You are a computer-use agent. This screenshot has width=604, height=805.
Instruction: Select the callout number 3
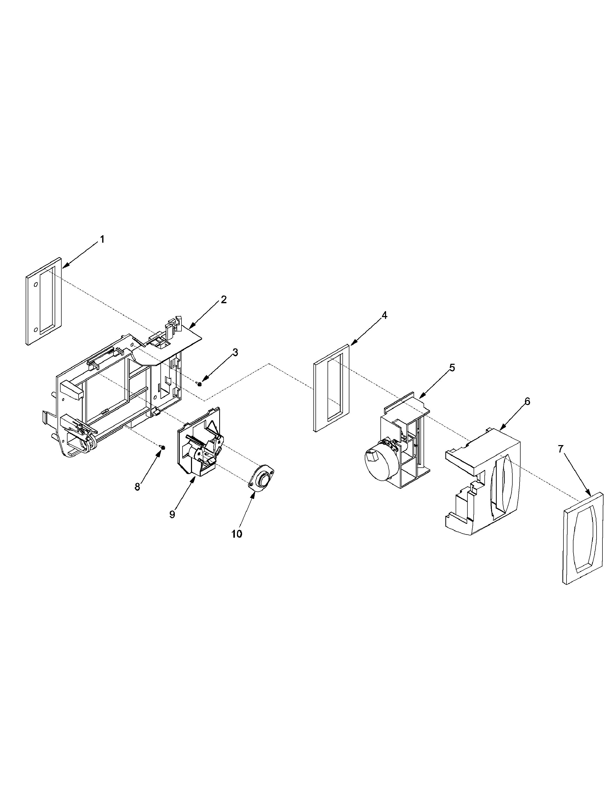click(235, 352)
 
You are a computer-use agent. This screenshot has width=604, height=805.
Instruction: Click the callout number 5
click(452, 368)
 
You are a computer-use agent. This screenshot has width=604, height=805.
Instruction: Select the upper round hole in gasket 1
click(36, 284)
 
